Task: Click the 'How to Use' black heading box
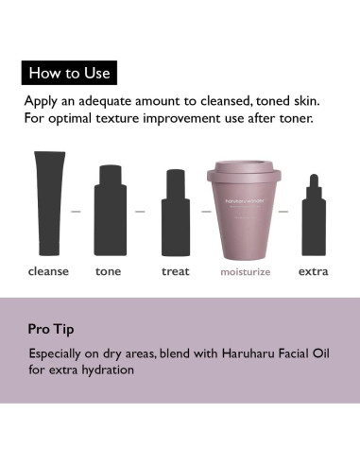[x=69, y=72]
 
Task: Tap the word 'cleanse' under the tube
[x=48, y=271]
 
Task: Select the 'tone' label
[x=109, y=271]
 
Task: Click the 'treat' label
[x=175, y=271]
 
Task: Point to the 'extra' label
[x=314, y=271]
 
